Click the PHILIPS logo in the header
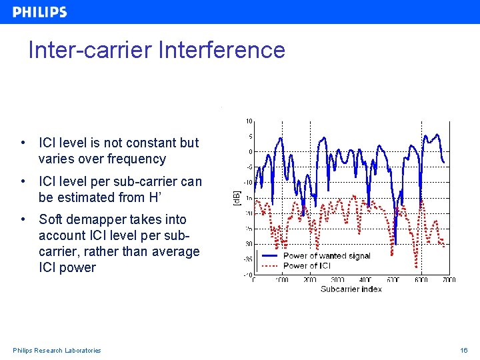click(x=40, y=12)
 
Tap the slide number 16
click(x=464, y=350)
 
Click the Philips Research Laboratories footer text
click(x=57, y=350)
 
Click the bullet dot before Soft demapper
click(x=23, y=219)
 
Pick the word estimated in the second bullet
click(x=88, y=197)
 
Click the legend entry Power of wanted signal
click(x=327, y=256)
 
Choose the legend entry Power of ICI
click(x=307, y=265)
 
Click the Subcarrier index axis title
click(x=351, y=289)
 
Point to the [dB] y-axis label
click(x=236, y=198)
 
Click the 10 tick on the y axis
click(x=248, y=121)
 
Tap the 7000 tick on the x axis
click(x=448, y=280)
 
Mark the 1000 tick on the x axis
click(x=281, y=280)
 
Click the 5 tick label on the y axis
click(x=249, y=137)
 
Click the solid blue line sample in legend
click(x=269, y=256)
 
